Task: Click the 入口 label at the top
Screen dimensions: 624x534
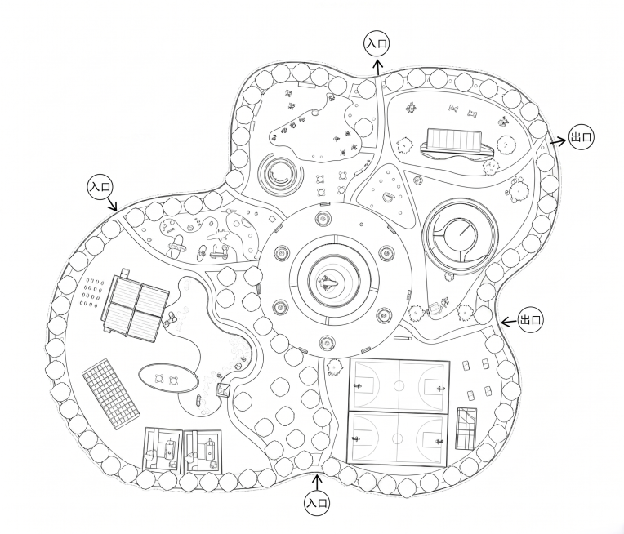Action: click(x=377, y=44)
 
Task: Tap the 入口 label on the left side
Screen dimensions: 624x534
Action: click(x=100, y=186)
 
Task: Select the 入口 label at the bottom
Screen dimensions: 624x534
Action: click(x=317, y=503)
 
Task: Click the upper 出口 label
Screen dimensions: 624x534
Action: click(x=582, y=137)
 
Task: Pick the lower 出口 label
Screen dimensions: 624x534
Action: click(x=531, y=319)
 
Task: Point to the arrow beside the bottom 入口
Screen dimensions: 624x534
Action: click(x=317, y=483)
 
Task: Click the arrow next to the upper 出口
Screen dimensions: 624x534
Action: click(x=558, y=141)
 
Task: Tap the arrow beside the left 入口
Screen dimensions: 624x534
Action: click(x=112, y=204)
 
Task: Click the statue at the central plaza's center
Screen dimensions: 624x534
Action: click(x=328, y=283)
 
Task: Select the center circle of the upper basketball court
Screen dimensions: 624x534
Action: click(x=399, y=385)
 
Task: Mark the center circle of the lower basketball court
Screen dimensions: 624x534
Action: click(x=397, y=438)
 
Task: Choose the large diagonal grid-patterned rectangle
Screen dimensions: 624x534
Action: click(x=111, y=394)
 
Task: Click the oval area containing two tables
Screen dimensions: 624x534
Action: click(x=168, y=378)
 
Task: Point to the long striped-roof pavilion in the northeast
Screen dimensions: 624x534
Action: click(x=457, y=144)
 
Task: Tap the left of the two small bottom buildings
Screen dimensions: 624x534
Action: click(x=163, y=450)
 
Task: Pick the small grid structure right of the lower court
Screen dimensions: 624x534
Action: click(x=466, y=429)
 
